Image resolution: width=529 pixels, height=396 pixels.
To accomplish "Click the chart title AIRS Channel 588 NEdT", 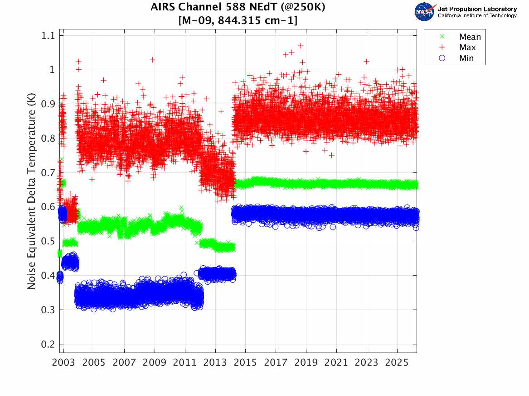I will (238, 8).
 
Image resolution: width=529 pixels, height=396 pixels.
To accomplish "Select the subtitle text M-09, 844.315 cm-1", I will (238, 20).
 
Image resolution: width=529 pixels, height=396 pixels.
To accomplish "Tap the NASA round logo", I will (425, 11).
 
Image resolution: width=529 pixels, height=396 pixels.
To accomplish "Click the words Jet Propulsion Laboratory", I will (477, 9).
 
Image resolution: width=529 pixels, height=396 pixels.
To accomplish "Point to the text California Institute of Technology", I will (477, 15).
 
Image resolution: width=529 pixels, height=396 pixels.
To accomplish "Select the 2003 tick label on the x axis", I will (64, 363).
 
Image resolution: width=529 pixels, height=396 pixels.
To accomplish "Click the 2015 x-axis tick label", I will (245, 363).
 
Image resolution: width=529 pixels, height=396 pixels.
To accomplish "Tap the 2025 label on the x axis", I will (397, 363).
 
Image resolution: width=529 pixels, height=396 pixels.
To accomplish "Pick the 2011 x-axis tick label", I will (185, 363).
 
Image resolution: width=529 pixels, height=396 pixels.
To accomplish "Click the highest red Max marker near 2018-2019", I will (301, 46).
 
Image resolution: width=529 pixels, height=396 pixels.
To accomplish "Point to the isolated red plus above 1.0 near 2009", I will (153, 59).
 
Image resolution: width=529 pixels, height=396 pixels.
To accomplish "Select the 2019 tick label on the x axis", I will (306, 363).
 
